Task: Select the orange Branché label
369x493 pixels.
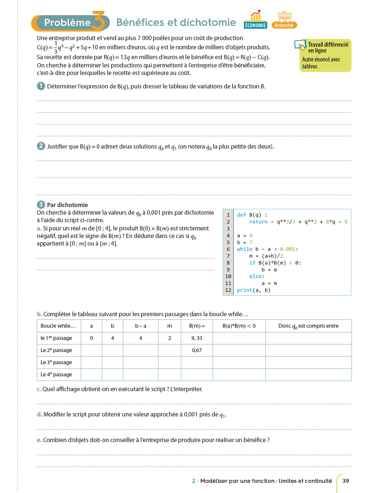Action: [284, 25]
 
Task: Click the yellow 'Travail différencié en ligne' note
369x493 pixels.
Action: [325, 55]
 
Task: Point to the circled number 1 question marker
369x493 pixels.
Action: [41, 86]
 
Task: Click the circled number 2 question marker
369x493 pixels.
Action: [41, 146]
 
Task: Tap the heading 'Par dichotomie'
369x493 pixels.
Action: [67, 205]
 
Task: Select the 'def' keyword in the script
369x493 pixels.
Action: [241, 215]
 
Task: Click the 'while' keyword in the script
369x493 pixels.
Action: [245, 249]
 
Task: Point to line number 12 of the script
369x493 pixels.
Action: [228, 290]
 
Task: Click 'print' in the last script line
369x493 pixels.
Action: [244, 290]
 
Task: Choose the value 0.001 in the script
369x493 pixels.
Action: [287, 249]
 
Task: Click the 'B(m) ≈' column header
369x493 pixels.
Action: [197, 326]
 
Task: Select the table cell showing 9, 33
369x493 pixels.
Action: [197, 338]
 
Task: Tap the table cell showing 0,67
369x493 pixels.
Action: [197, 350]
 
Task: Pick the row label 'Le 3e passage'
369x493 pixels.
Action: [56, 362]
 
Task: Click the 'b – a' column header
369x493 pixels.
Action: [141, 326]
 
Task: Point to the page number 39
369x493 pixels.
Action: [346, 481]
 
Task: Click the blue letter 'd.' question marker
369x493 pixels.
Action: [39, 414]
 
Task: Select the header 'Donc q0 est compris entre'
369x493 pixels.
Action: [308, 326]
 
